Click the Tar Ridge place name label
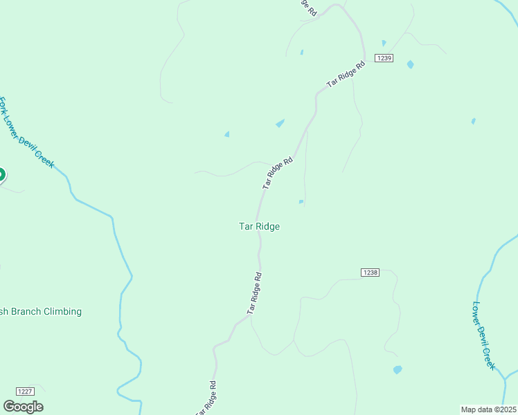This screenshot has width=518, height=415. (259, 226)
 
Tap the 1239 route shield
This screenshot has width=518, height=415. (384, 58)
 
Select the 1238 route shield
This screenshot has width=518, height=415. (370, 273)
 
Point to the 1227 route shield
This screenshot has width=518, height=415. (25, 391)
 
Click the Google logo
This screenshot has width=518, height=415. (23, 406)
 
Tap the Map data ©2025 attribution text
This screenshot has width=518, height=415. (489, 409)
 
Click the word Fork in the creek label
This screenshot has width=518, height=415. (3, 107)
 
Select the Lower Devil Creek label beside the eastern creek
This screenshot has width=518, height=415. (485, 335)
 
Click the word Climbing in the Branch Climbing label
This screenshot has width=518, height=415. (57, 311)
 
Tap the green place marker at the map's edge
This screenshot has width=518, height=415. (1, 174)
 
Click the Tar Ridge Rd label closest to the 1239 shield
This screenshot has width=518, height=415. (346, 75)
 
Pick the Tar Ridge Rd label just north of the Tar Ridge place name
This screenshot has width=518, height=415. (278, 173)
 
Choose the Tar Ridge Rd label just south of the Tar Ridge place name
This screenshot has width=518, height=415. (254, 294)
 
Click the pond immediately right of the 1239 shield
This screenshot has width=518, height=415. (411, 64)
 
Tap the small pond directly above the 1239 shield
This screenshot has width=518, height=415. (384, 43)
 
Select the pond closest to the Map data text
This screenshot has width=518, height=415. (398, 369)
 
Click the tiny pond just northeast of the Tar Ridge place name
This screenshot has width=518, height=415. (301, 202)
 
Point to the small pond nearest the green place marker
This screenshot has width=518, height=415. (226, 134)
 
